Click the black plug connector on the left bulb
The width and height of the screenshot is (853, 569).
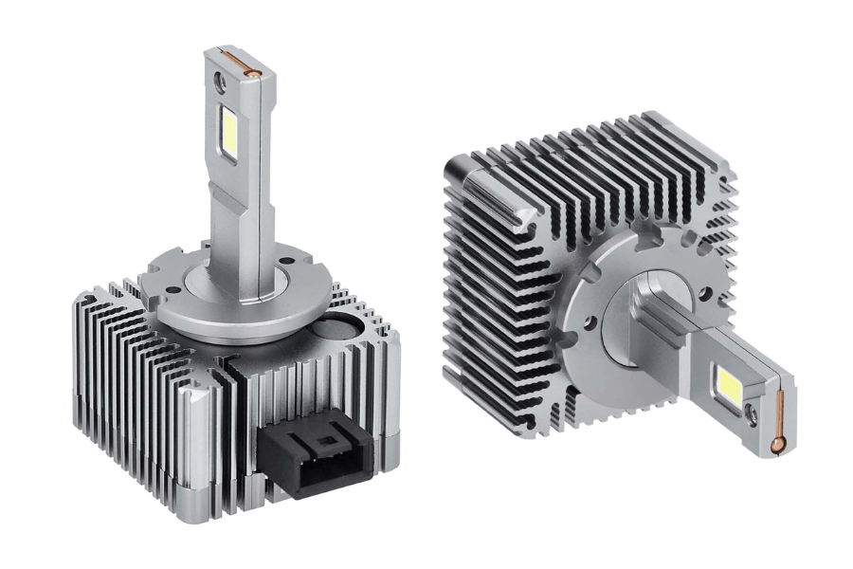pyautogui.click(x=315, y=457)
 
